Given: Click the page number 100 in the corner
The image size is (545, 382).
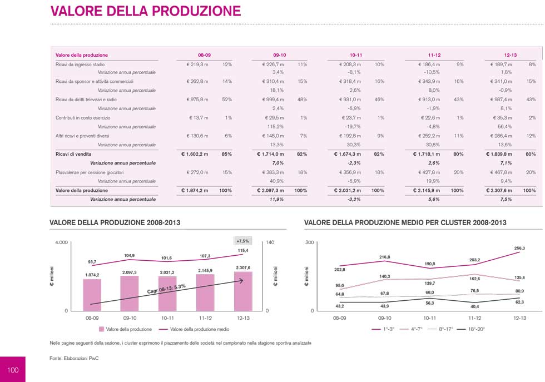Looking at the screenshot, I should (x=13, y=370).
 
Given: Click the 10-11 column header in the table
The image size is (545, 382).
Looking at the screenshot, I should (x=356, y=55).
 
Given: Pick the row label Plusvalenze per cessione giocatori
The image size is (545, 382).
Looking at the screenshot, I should (x=90, y=172).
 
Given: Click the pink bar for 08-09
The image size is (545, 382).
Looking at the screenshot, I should (x=92, y=294).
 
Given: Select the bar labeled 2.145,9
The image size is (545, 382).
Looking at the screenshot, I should (x=205, y=291).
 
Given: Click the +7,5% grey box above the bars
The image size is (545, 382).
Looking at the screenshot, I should (x=243, y=241).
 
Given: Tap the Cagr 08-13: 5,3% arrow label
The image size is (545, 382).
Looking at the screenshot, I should (x=166, y=289).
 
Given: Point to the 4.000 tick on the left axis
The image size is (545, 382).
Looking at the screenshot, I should (x=61, y=243).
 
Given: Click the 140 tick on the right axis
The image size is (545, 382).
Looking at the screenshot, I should (x=271, y=243).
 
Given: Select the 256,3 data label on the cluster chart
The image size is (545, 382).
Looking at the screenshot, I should (x=519, y=248).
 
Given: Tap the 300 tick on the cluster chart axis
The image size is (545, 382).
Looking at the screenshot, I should (x=310, y=243).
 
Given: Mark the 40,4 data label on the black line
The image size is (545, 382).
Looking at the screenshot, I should (x=474, y=306).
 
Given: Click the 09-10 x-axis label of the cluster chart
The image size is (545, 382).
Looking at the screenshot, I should (x=384, y=319).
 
